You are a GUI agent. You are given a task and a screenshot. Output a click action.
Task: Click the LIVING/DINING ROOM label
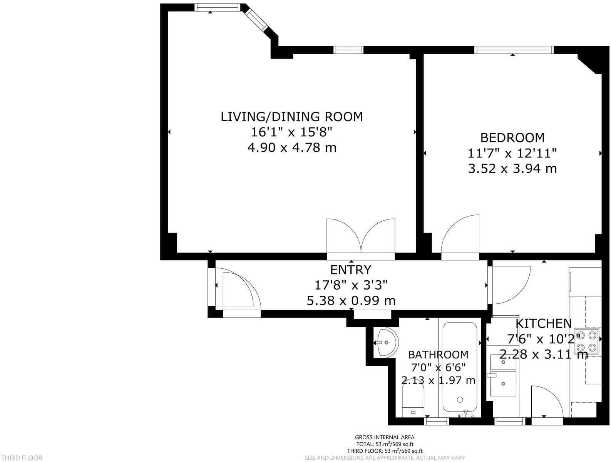click(292, 117)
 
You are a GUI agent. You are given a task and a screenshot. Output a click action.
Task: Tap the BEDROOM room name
click(512, 138)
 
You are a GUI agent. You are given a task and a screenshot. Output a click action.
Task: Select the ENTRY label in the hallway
click(351, 269)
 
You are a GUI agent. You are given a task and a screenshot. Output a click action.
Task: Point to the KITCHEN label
click(544, 323)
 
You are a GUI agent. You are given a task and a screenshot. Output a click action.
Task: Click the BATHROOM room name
click(438, 355)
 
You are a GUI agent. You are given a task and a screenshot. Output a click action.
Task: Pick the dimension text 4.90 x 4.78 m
click(292, 147)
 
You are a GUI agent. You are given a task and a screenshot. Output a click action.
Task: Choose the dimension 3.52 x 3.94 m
click(512, 169)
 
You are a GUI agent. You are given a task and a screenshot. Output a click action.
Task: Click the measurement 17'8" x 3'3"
click(351, 285)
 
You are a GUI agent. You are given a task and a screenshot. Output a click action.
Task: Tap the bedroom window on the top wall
click(514, 50)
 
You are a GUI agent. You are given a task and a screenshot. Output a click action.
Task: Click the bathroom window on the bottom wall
click(436, 422)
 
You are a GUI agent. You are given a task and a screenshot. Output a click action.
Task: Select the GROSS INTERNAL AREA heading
click(384, 437)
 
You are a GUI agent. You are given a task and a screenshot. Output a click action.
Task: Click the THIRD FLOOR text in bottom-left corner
click(22, 458)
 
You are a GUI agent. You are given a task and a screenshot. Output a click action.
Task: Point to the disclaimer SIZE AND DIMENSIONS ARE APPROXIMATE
click(358, 458)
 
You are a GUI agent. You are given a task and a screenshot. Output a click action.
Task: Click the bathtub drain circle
click(460, 400)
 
